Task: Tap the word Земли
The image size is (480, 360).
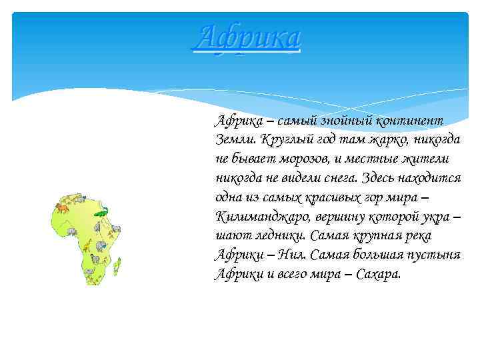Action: click(x=234, y=141)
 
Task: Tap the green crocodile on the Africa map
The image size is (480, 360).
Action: click(x=100, y=213)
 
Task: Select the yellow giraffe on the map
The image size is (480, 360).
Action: click(x=87, y=247)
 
